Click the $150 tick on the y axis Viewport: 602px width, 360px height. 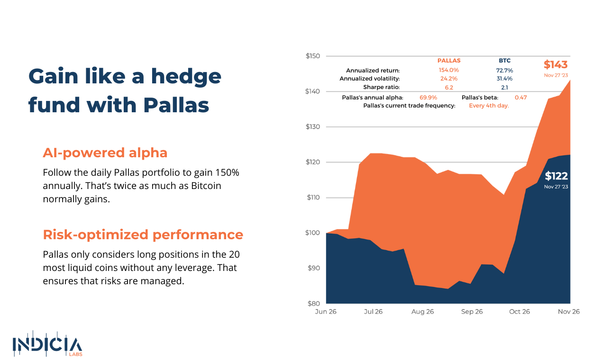point(312,56)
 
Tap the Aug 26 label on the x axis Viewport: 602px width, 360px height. point(422,312)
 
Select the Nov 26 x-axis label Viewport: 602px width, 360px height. point(569,312)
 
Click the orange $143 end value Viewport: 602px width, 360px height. point(556,64)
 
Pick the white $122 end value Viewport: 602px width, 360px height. point(556,176)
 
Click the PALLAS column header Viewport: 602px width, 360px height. point(448,61)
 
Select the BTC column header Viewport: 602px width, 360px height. point(504,61)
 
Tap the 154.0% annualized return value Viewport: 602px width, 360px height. point(448,70)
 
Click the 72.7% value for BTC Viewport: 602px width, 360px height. point(504,70)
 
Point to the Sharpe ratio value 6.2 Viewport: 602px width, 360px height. point(448,87)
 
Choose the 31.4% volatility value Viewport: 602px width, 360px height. point(504,79)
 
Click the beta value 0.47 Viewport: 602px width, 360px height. point(521,97)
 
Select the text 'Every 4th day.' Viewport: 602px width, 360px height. point(489,106)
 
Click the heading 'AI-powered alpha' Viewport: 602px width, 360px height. point(105,153)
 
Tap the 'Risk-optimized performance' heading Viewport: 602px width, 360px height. point(143,234)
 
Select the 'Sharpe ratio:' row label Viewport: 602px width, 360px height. point(382,87)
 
